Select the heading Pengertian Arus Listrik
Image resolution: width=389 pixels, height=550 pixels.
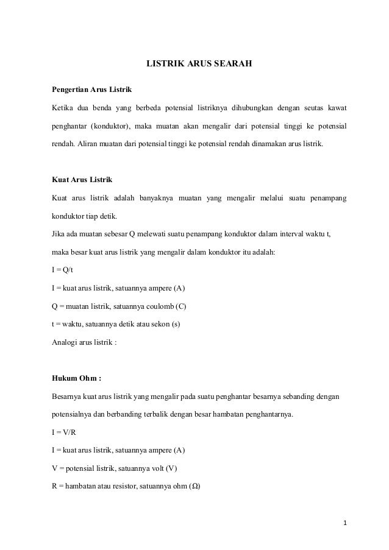click(91, 91)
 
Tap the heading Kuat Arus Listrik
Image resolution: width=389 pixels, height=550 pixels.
click(81, 181)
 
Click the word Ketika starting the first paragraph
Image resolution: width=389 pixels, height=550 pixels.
click(63, 108)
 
